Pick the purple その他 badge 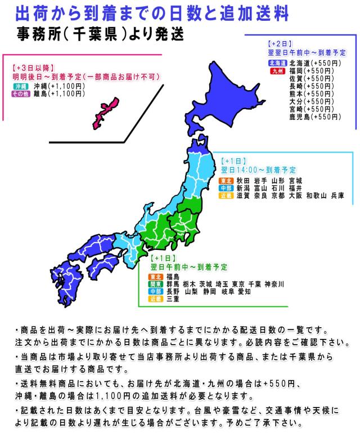point(21,94)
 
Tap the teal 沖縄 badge point(21,86)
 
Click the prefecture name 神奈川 point(274,284)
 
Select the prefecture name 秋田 point(243,180)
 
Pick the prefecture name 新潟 point(243,188)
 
